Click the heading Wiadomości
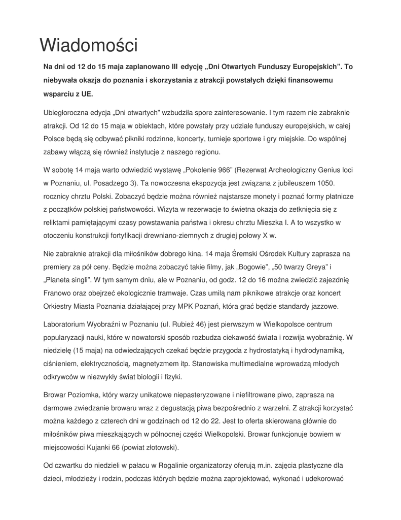(89, 46)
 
